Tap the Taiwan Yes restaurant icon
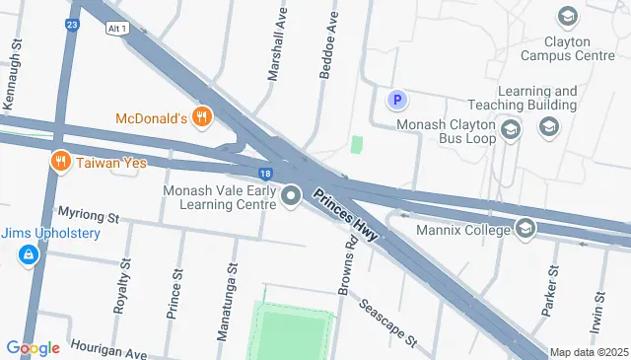[x=60, y=161]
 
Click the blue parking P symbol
[x=396, y=100]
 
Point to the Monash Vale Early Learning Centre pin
[x=291, y=197]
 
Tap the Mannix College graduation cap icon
[x=526, y=230]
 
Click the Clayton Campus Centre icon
[x=567, y=17]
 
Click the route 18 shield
[x=266, y=173]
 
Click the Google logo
[x=33, y=347]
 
